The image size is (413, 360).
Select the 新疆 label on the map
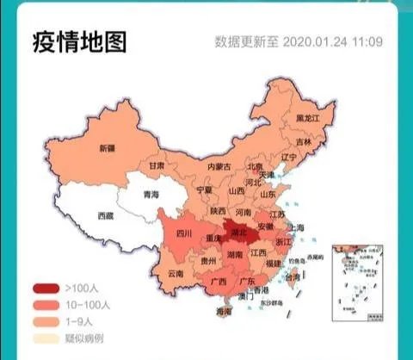coord(108,148)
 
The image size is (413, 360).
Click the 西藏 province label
coord(106,216)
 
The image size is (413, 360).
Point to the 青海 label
coord(151,195)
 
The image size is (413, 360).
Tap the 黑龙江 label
coord(307,117)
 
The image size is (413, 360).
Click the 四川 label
coord(183,233)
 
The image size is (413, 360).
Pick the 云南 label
coord(176,274)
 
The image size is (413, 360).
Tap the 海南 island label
coord(225,311)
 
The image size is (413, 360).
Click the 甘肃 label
coord(156,164)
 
